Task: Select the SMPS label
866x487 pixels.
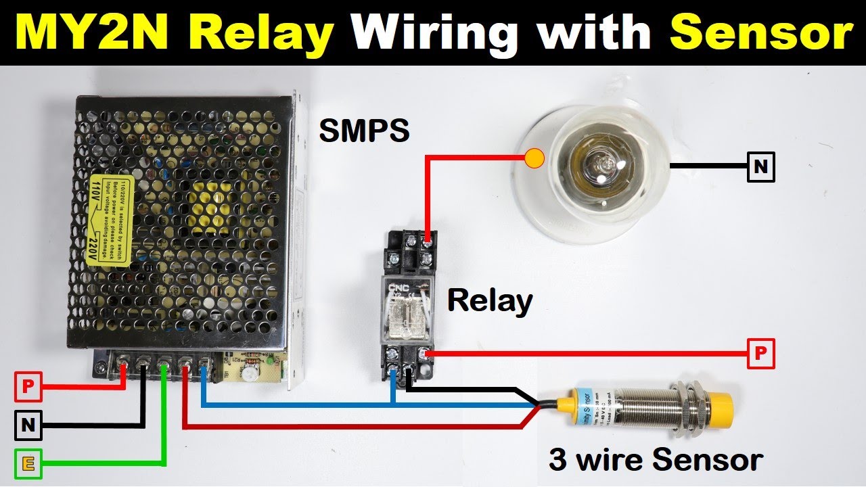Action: [364, 131]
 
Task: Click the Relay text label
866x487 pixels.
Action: [490, 300]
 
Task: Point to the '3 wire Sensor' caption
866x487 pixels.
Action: [656, 460]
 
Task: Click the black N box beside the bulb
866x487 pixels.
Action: [761, 167]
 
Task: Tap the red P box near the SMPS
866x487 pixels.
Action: [28, 387]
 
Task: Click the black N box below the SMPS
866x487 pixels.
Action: [28, 425]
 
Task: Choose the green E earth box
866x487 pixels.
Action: [28, 463]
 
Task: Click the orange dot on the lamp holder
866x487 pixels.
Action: [534, 159]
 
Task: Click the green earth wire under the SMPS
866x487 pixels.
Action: [164, 419]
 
